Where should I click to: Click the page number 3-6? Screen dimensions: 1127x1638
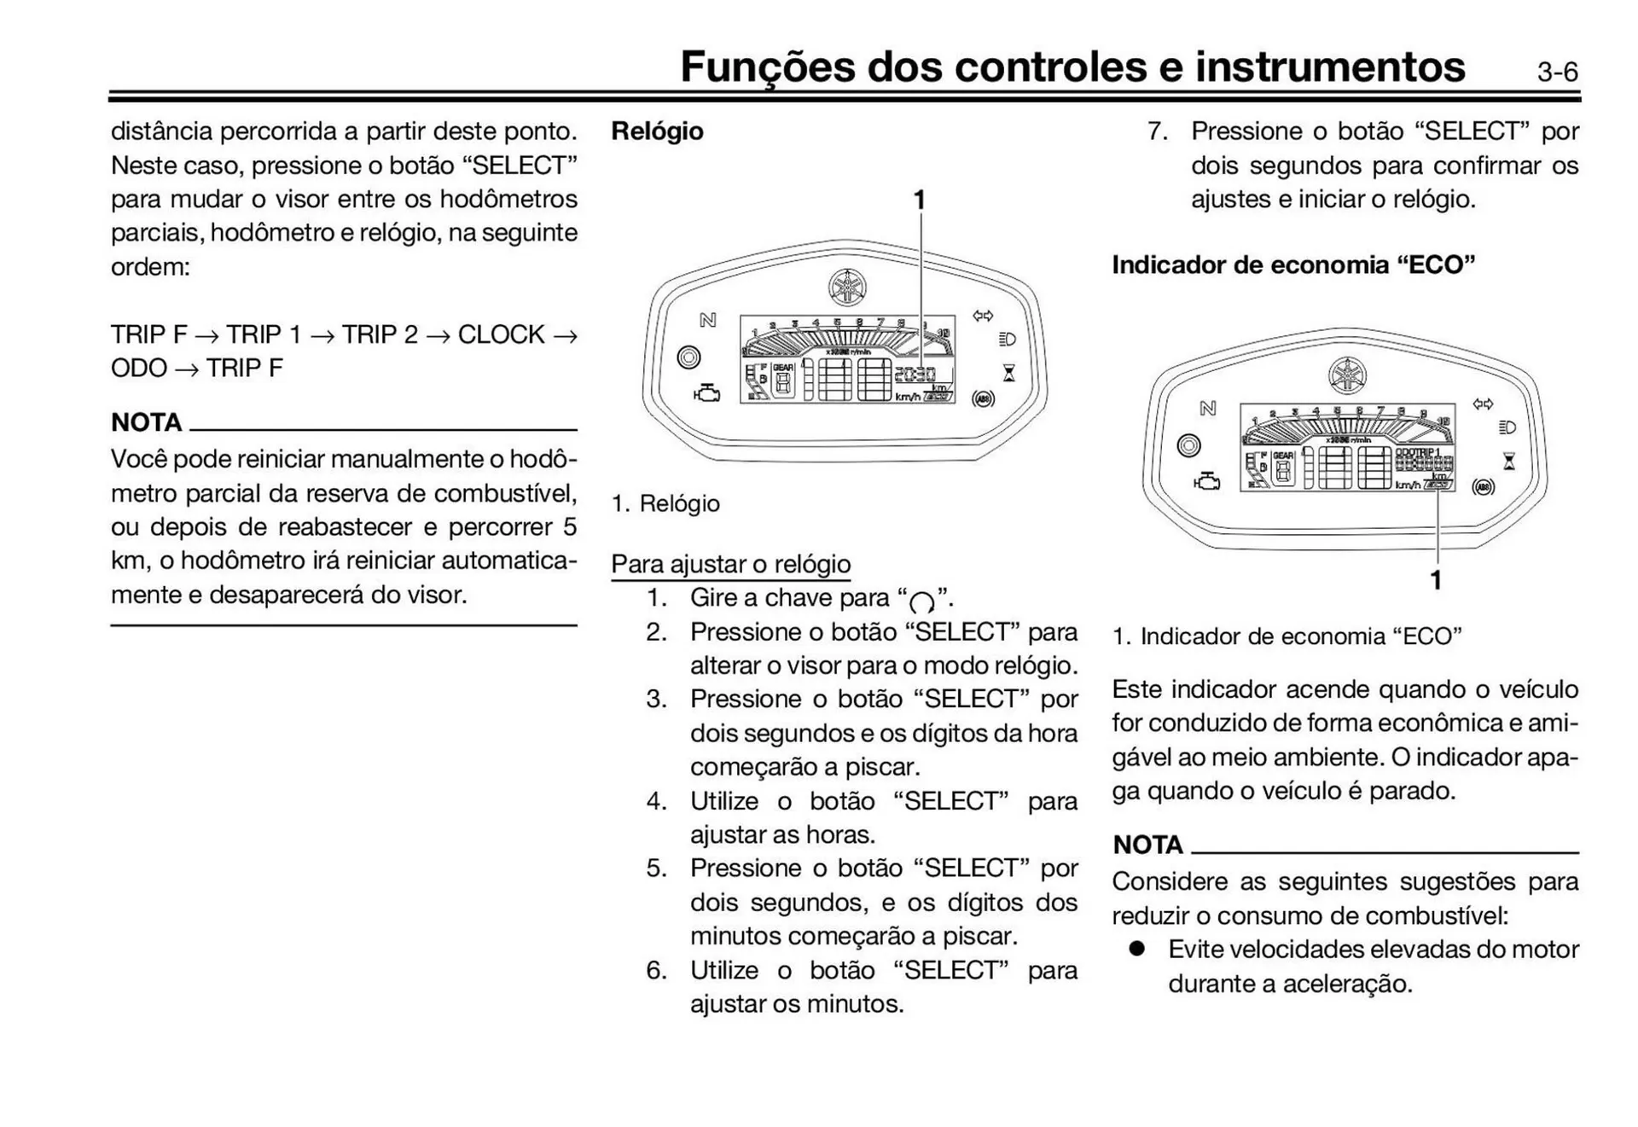click(x=1557, y=73)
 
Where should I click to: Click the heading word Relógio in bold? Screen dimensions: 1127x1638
click(x=657, y=131)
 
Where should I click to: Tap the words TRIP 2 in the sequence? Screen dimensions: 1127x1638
click(x=380, y=334)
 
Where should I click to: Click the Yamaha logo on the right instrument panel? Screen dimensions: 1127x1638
click(x=1347, y=375)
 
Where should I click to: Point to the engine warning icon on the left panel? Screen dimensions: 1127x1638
click(x=707, y=393)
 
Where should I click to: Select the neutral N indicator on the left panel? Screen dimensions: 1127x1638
click(x=707, y=320)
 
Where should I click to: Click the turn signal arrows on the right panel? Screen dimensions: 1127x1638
click(x=1484, y=404)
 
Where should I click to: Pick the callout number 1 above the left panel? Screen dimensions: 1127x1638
click(x=919, y=200)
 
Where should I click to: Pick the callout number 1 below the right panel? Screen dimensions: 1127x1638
click(x=1436, y=580)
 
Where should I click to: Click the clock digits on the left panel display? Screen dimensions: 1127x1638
click(x=915, y=374)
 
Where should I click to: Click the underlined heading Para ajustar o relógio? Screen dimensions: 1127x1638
click(x=730, y=564)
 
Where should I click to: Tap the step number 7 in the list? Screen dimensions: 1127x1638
click(x=1157, y=131)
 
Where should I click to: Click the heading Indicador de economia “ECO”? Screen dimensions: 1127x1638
click(x=1292, y=265)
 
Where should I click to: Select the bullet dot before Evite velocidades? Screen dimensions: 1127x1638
click(x=1136, y=949)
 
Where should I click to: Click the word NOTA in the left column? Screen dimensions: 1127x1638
click(x=146, y=422)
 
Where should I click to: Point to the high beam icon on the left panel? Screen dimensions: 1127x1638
click(x=1007, y=340)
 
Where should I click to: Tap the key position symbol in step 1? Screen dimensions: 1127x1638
click(x=921, y=602)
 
